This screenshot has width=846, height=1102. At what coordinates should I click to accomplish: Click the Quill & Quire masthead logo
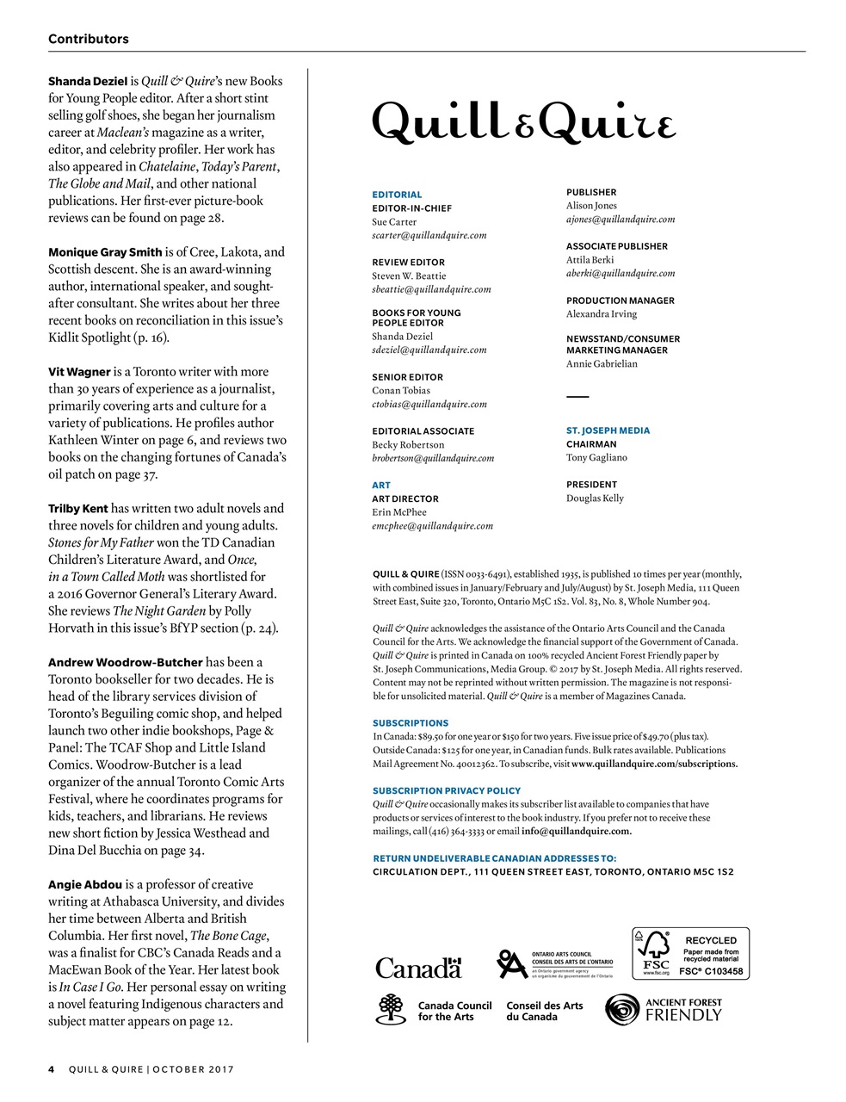click(x=523, y=122)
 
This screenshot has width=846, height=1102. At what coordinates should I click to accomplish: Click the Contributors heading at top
click(x=89, y=39)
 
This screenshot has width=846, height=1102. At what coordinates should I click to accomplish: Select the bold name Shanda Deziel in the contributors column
click(x=88, y=81)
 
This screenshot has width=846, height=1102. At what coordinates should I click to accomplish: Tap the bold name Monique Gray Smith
click(x=105, y=252)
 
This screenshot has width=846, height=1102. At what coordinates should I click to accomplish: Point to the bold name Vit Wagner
click(x=79, y=372)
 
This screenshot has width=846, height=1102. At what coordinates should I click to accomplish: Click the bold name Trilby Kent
click(x=78, y=508)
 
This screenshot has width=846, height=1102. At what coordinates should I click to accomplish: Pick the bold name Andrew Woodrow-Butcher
click(x=126, y=662)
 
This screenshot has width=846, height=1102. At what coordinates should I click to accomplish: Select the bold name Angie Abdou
click(x=85, y=884)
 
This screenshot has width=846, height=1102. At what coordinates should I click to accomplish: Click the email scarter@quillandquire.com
click(x=429, y=235)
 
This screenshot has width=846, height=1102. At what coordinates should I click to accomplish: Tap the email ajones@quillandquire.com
click(x=620, y=220)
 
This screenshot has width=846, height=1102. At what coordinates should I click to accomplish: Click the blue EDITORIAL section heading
click(x=397, y=195)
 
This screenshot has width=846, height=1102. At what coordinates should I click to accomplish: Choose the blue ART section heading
click(x=381, y=486)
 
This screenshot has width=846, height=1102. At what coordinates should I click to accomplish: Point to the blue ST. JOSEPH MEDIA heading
click(x=608, y=430)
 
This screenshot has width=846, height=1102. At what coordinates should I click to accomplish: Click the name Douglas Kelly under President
click(x=595, y=498)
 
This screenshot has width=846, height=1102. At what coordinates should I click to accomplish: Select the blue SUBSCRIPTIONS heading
click(x=411, y=723)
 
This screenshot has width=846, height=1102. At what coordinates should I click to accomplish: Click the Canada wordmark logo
click(x=419, y=969)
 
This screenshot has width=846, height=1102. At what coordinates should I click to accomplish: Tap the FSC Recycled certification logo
click(x=690, y=953)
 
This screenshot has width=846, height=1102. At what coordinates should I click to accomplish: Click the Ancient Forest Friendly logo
click(x=664, y=1010)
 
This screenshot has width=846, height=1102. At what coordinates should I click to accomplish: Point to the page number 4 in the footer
click(x=52, y=1069)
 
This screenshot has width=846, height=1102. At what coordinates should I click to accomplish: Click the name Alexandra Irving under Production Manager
click(x=602, y=314)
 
